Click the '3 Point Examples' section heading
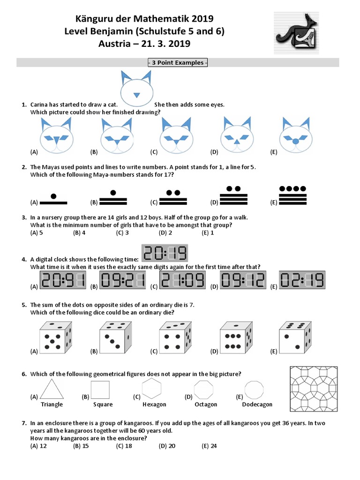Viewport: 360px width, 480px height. [178, 63]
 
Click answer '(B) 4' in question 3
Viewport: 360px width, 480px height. [79, 232]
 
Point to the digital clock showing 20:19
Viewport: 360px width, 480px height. [165, 254]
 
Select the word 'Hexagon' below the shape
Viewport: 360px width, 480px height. [154, 405]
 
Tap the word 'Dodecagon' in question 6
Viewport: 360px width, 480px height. [257, 405]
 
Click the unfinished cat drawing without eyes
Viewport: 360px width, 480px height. [136, 88]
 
